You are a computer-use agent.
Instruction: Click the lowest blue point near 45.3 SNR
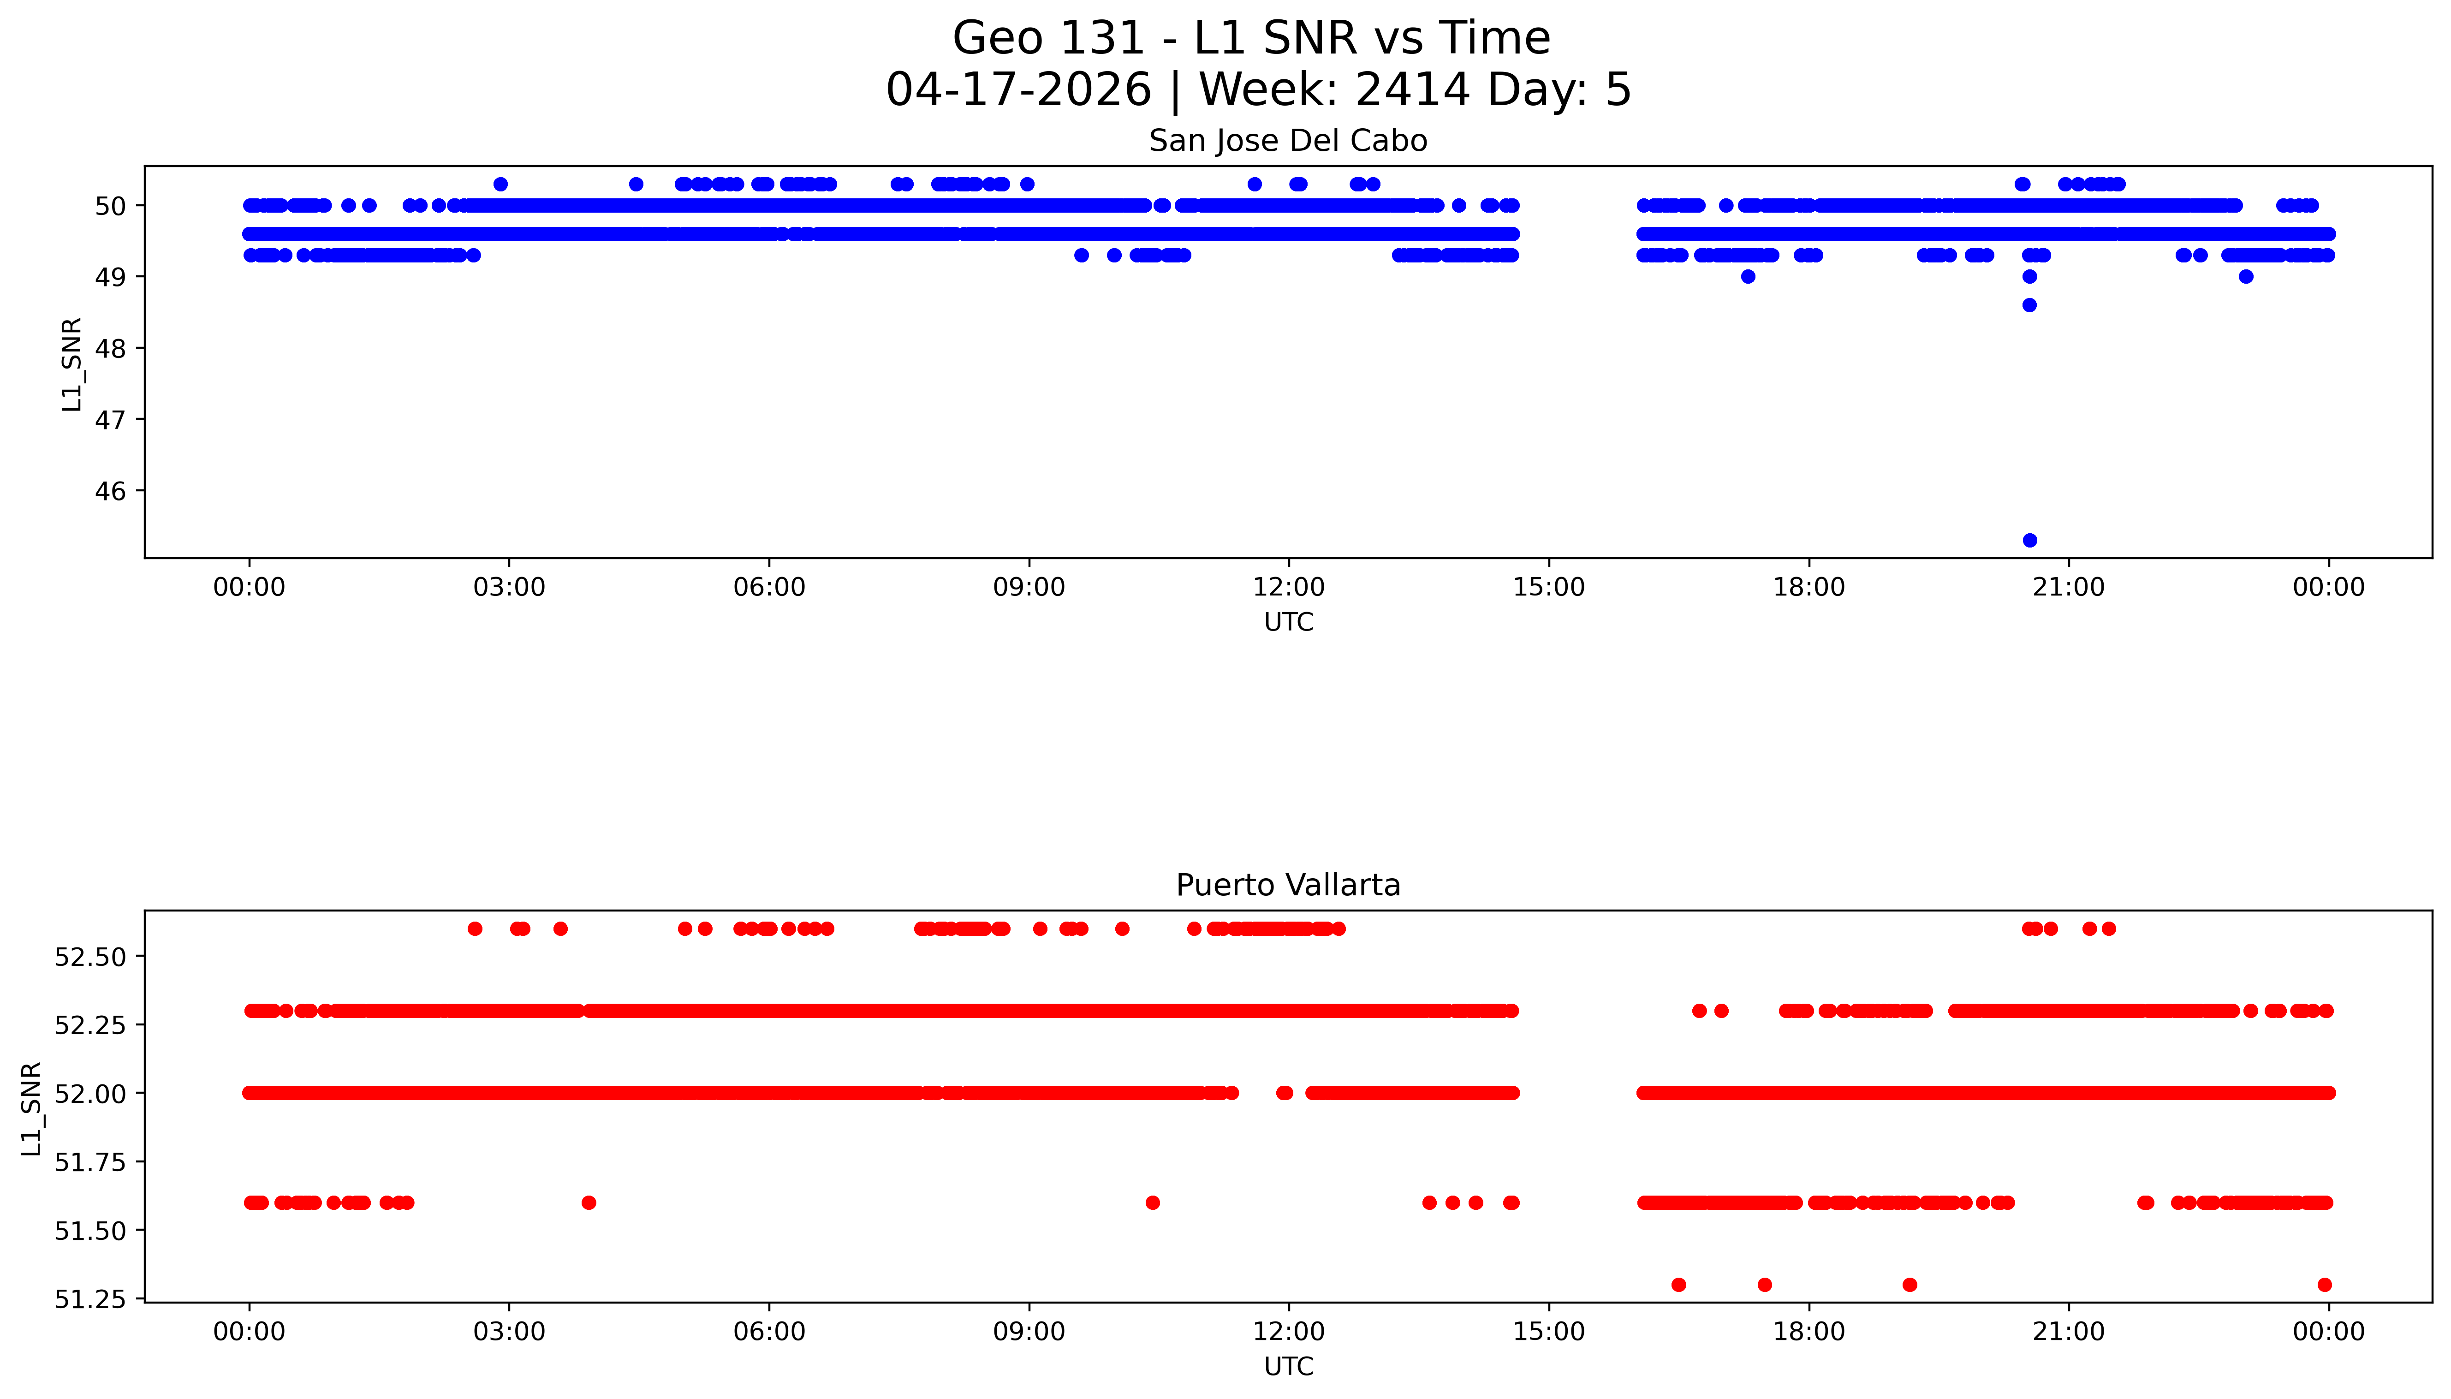(2029, 540)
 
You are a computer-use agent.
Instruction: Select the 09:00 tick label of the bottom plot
(1029, 1332)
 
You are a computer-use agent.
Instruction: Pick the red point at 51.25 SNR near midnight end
(2324, 1285)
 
